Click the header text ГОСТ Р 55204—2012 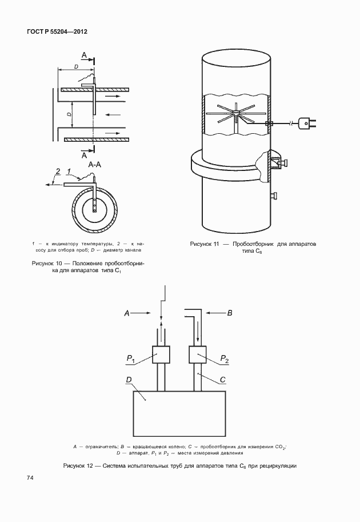[57, 31]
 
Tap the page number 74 [30, 478]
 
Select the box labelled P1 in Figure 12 [161, 354]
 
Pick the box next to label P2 [198, 354]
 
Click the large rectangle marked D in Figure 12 [179, 413]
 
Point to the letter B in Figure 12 [230, 313]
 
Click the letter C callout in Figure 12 [223, 380]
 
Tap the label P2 [225, 358]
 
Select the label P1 [130, 358]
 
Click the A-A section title [94, 165]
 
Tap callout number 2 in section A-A [58, 172]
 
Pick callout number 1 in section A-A [69, 172]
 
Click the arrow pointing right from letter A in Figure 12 [143, 313]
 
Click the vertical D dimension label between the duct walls [69, 114]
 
